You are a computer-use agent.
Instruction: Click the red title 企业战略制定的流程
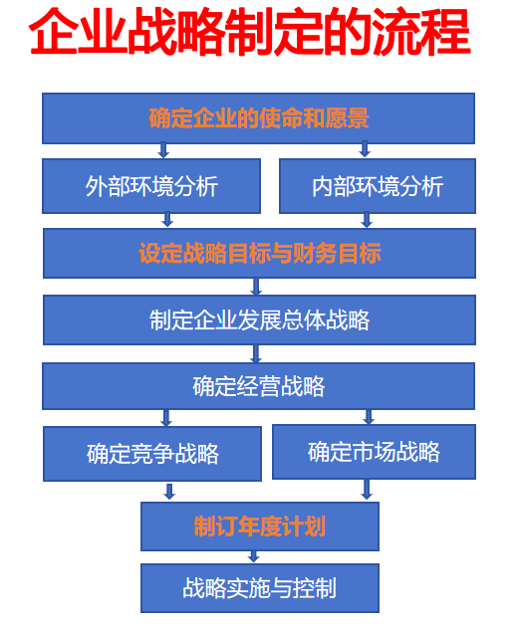[250, 32]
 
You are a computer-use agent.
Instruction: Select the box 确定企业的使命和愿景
[258, 118]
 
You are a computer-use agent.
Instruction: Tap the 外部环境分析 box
[151, 186]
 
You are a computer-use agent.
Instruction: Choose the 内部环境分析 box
[378, 186]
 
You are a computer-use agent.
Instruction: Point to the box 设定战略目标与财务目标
[259, 253]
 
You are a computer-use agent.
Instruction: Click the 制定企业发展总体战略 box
[259, 319]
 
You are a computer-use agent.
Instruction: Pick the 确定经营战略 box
[258, 386]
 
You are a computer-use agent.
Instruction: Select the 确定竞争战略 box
[151, 454]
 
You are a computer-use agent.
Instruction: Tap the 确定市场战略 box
[374, 452]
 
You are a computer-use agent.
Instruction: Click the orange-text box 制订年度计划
[259, 526]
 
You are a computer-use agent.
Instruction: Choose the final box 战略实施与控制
[259, 588]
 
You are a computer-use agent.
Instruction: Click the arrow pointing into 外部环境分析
[163, 149]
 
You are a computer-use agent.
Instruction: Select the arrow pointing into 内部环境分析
[365, 149]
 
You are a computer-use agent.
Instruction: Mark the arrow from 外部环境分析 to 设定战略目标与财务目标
[167, 220]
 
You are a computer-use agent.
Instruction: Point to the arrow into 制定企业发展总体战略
[256, 287]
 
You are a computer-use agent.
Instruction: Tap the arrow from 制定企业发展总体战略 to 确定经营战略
[256, 353]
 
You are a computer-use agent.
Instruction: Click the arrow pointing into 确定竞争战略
[166, 418]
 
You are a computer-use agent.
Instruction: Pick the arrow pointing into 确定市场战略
[369, 416]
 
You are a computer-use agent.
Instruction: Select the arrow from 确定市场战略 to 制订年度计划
[367, 490]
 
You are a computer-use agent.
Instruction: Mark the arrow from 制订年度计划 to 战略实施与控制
[253, 556]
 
